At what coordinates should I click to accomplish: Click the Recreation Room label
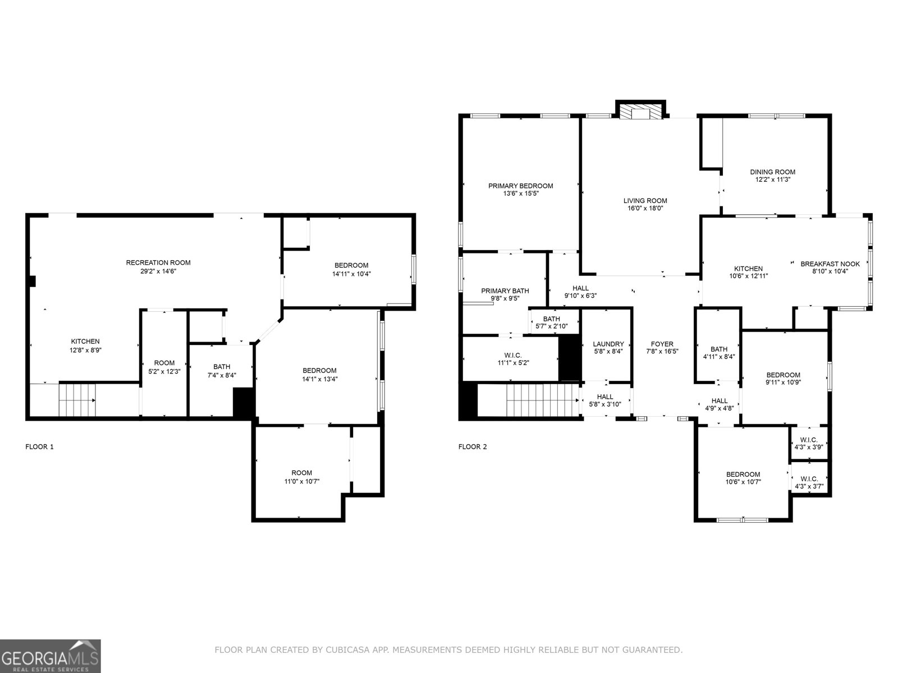(x=158, y=262)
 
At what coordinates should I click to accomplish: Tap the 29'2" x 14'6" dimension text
(x=158, y=271)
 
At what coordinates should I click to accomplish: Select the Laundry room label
(x=608, y=344)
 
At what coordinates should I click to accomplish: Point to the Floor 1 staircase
(x=77, y=399)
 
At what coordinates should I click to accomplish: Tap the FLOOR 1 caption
(x=40, y=447)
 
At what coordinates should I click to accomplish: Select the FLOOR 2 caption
(x=473, y=447)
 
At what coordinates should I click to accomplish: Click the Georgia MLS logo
(x=51, y=655)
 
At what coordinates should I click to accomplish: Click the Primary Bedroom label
(x=520, y=186)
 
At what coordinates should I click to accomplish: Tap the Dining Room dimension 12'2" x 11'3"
(x=773, y=180)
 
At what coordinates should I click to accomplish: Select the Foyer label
(x=662, y=344)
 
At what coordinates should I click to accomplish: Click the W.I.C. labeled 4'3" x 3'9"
(x=809, y=440)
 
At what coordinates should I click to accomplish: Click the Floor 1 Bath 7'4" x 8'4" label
(x=222, y=367)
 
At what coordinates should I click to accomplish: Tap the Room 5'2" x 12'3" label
(x=164, y=363)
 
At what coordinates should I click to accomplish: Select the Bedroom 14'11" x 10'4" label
(x=351, y=266)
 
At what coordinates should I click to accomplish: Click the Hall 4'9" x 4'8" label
(x=720, y=401)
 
